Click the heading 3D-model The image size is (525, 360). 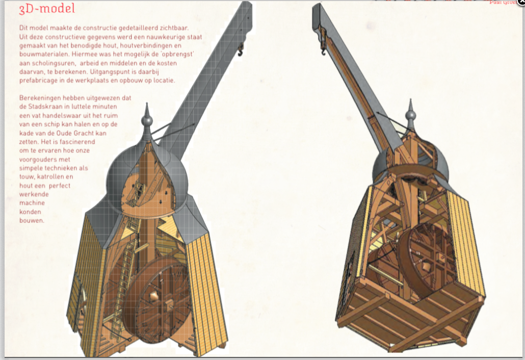click(x=47, y=9)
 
